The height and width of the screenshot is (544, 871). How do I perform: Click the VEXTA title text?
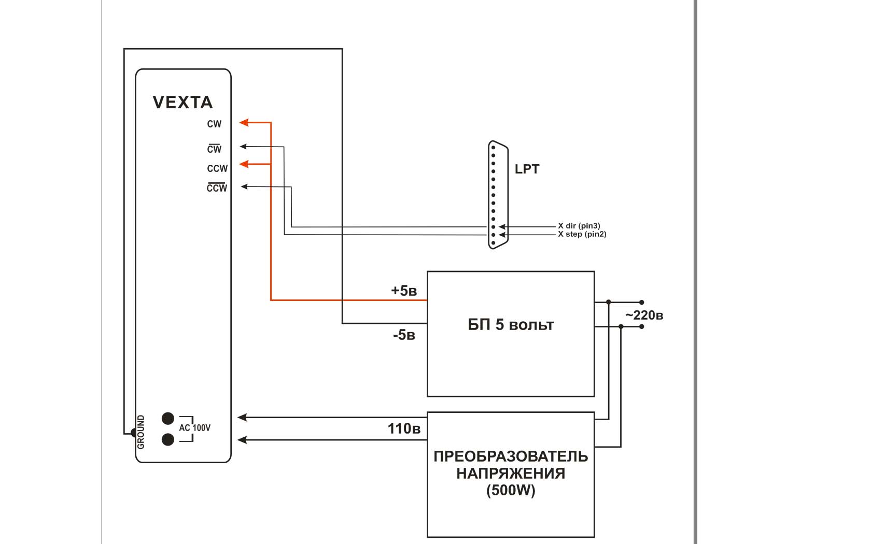coord(182,102)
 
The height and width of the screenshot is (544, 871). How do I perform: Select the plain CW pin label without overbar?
coord(214,124)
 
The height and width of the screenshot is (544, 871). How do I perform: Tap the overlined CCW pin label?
coord(217,188)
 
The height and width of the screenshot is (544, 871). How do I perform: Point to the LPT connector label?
coord(527,169)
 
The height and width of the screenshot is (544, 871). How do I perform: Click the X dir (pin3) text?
coord(579,226)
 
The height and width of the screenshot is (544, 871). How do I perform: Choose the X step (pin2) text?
coord(582,234)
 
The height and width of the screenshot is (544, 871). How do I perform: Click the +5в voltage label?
coord(404,291)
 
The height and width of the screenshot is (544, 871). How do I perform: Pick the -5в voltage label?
coord(404,335)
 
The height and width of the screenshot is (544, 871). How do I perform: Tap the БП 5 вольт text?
coord(511,325)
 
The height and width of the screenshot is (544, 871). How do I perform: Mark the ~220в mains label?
coord(644,315)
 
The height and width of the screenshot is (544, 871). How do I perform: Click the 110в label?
coord(404,428)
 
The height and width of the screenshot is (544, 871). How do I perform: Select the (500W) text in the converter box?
coord(511,490)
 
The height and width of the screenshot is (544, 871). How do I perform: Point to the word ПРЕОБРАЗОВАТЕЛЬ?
coord(511,456)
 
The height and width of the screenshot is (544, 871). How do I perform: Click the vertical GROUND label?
coord(141,432)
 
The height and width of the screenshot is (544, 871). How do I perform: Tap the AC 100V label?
coord(195,428)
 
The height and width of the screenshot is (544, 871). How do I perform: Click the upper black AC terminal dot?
coord(168,418)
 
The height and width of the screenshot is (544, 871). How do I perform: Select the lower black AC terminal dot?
coord(168,439)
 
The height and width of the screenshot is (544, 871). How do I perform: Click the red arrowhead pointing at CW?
coord(244,123)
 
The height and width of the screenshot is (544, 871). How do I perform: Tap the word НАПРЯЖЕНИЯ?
coord(511,474)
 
